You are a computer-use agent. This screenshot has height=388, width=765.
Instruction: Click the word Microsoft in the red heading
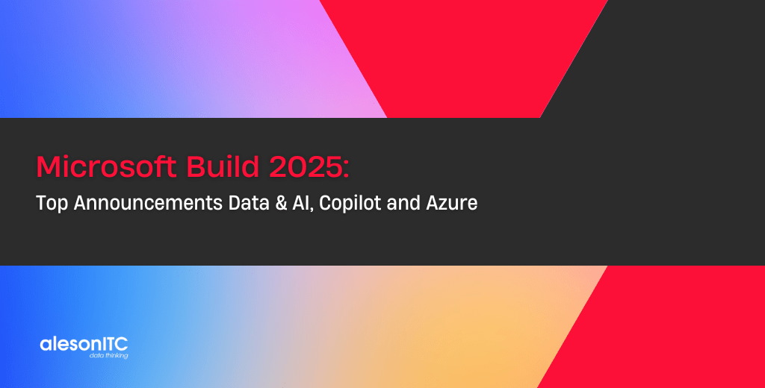106,166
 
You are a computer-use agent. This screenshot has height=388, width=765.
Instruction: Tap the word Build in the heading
223,166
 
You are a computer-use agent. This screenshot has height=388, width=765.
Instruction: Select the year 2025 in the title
305,167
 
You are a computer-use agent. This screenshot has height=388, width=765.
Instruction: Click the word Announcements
148,203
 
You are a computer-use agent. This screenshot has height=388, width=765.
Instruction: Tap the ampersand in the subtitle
281,203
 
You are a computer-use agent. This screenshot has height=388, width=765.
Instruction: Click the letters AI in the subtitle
300,203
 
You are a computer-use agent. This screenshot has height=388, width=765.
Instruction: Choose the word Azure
452,203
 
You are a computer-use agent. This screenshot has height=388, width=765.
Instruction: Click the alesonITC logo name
84,344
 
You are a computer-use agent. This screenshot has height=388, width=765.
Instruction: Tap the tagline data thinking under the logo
109,355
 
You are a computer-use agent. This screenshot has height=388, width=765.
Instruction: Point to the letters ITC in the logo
114,344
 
